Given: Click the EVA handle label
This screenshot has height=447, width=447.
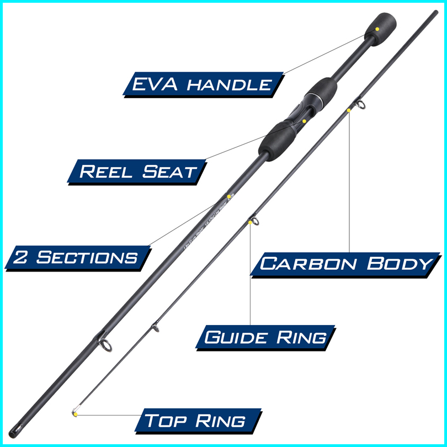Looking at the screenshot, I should click(202, 84).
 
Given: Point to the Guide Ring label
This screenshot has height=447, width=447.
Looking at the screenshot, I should click(265, 337).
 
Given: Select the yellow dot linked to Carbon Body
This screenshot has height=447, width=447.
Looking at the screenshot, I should click(349, 111).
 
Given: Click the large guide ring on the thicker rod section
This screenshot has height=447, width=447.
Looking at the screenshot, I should click(106, 345).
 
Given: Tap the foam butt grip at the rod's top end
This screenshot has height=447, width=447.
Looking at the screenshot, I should click(382, 29).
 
